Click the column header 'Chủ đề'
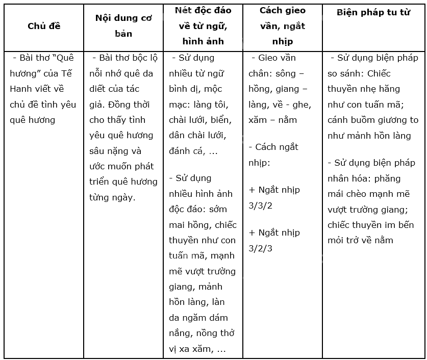point(44,26)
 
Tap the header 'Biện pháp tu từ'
point(373,13)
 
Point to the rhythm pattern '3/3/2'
point(261,205)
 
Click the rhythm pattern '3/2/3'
point(261,248)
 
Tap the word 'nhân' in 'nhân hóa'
point(339,178)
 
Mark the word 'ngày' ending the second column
point(123,197)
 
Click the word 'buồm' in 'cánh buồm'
point(368,120)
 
